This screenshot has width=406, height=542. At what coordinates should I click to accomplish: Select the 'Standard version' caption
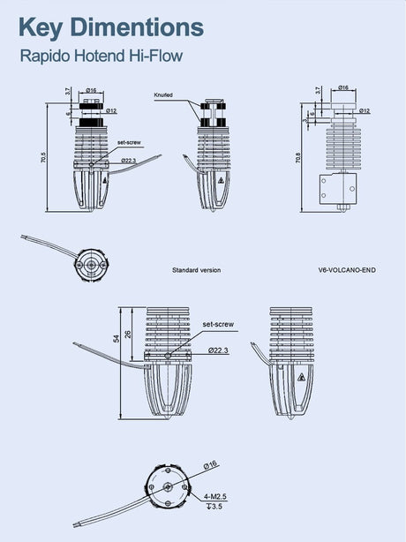(x=196, y=270)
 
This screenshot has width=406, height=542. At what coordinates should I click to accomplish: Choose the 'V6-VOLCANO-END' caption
(x=346, y=270)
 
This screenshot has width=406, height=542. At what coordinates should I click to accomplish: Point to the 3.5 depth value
(x=214, y=508)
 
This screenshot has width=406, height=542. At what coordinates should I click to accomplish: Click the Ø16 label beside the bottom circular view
(x=211, y=464)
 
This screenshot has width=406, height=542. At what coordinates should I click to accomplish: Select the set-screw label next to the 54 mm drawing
(x=218, y=325)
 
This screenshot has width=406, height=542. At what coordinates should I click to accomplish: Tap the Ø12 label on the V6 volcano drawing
(x=365, y=111)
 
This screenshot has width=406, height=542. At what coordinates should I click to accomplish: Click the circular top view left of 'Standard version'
(x=91, y=263)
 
